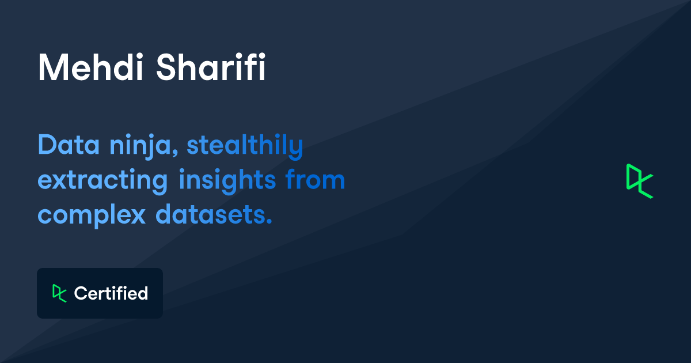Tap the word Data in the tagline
63,146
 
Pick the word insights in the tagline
227,181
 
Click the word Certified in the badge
111,293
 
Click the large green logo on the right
640,181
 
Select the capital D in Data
46,146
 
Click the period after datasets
268,222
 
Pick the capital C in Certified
80,293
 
